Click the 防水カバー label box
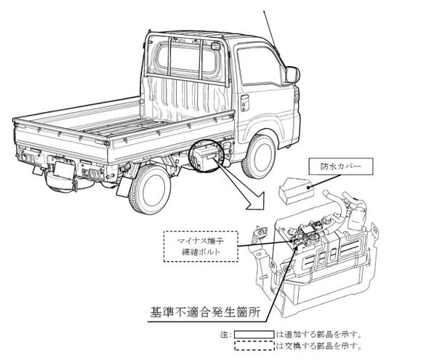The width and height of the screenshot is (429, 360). click(x=340, y=167)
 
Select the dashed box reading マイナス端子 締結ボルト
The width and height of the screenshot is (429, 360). click(x=201, y=247)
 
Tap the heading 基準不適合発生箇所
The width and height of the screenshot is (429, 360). click(x=205, y=311)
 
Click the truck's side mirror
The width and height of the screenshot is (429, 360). click(x=292, y=74)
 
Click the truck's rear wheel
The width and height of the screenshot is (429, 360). click(x=149, y=189)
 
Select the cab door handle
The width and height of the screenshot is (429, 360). click(x=244, y=103)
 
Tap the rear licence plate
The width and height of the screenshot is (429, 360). click(x=64, y=169)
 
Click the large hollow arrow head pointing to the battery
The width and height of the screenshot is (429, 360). click(x=256, y=201)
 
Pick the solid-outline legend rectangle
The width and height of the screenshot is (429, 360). click(x=254, y=335)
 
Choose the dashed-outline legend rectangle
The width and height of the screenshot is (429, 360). click(x=254, y=345)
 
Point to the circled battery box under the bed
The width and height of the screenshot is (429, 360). click(x=207, y=157)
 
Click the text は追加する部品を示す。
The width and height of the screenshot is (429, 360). click(x=318, y=335)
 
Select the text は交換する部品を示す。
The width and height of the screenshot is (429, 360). click(x=318, y=345)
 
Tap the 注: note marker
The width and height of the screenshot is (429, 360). click(x=225, y=335)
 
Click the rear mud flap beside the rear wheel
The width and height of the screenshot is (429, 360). click(x=123, y=187)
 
